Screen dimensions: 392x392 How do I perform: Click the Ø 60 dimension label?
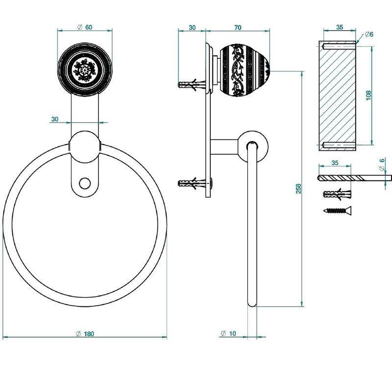[85, 27]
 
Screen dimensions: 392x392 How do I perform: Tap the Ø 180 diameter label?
[85, 334]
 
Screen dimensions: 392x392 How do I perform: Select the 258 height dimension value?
[298, 189]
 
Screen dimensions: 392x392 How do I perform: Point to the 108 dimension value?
[368, 95]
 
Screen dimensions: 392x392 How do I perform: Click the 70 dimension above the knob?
[238, 27]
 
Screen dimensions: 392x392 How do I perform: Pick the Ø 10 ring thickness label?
[228, 333]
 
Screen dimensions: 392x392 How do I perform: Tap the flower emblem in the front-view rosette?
[84, 70]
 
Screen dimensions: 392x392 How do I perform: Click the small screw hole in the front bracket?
[85, 183]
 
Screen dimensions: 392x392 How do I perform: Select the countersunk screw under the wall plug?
[338, 211]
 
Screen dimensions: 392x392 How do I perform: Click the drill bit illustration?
[354, 178]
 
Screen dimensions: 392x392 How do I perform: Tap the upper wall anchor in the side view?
[192, 85]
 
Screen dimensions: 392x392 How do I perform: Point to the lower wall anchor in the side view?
[192, 183]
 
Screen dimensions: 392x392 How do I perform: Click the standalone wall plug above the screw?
[337, 194]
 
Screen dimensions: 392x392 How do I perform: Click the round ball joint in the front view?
[84, 147]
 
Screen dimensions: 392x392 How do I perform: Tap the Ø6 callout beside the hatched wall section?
[369, 34]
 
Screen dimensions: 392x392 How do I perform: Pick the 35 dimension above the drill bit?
[335, 163]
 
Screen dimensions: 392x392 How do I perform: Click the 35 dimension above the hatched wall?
[340, 27]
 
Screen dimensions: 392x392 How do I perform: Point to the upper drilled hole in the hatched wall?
[339, 46]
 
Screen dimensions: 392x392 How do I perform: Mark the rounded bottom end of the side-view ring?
[252, 303]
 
